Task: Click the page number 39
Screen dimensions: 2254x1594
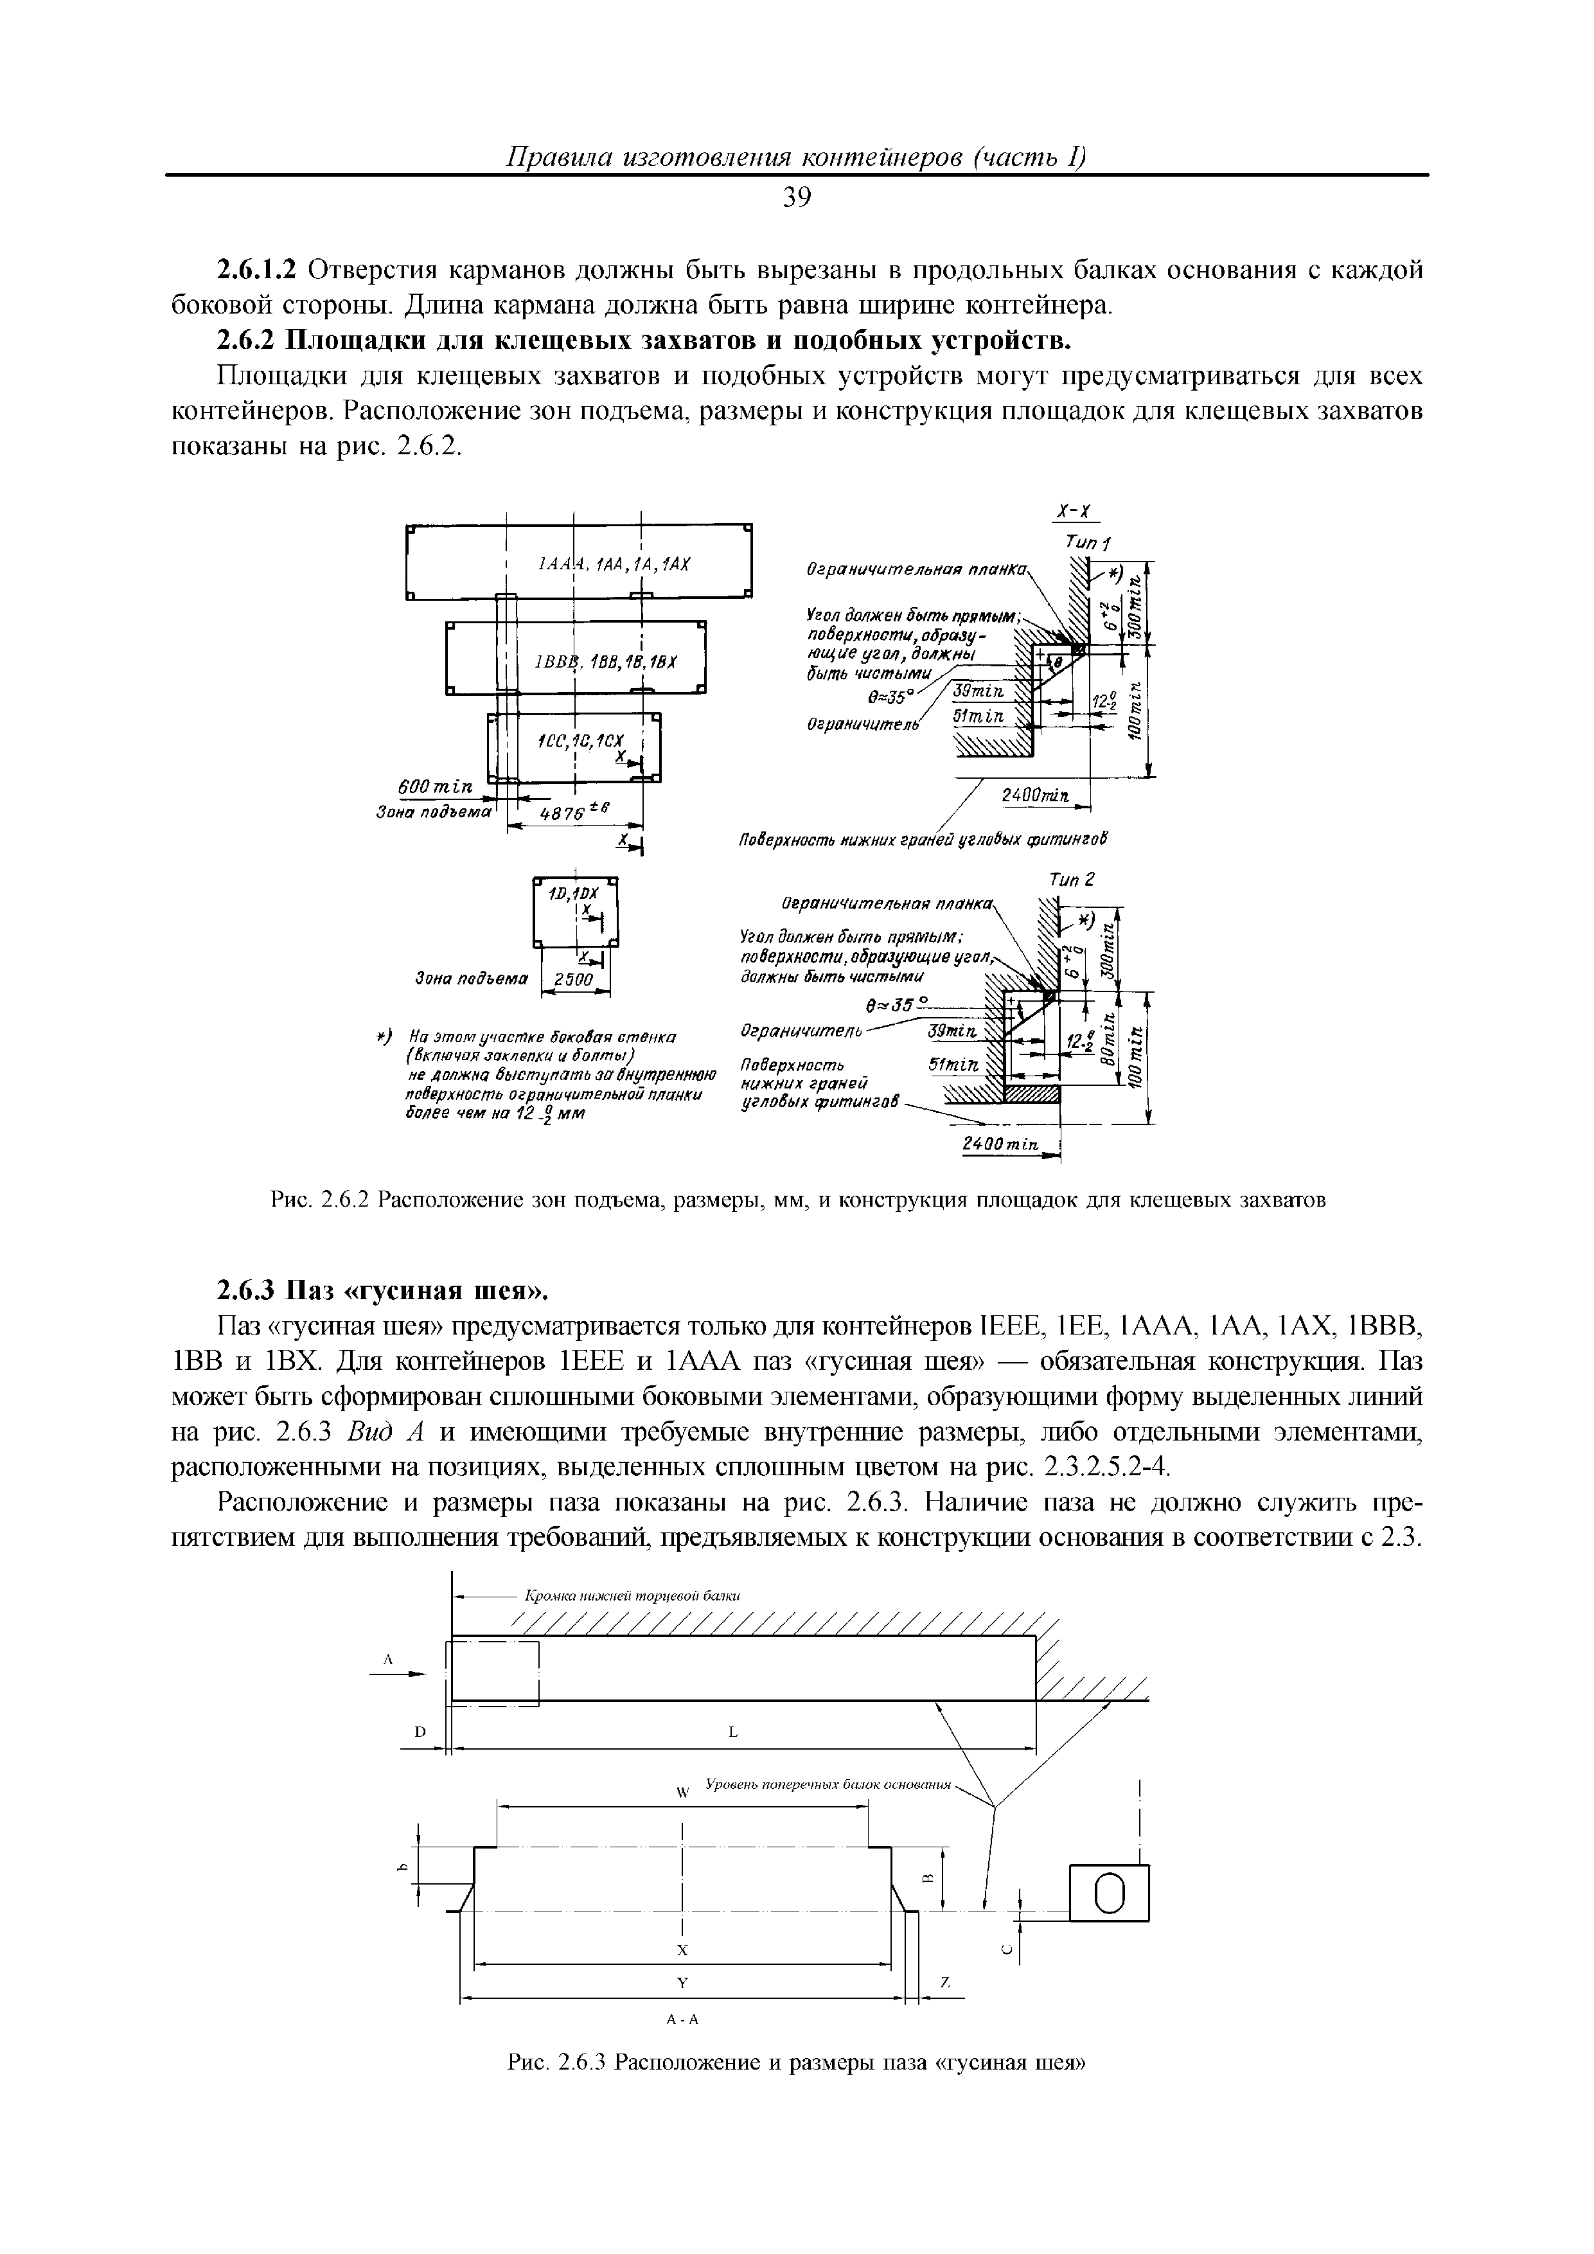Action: click(x=797, y=199)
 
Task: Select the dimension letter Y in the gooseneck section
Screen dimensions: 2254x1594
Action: click(x=680, y=1982)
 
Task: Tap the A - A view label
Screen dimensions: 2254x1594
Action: click(x=680, y=2019)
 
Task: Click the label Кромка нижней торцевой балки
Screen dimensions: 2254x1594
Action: click(x=632, y=1596)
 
